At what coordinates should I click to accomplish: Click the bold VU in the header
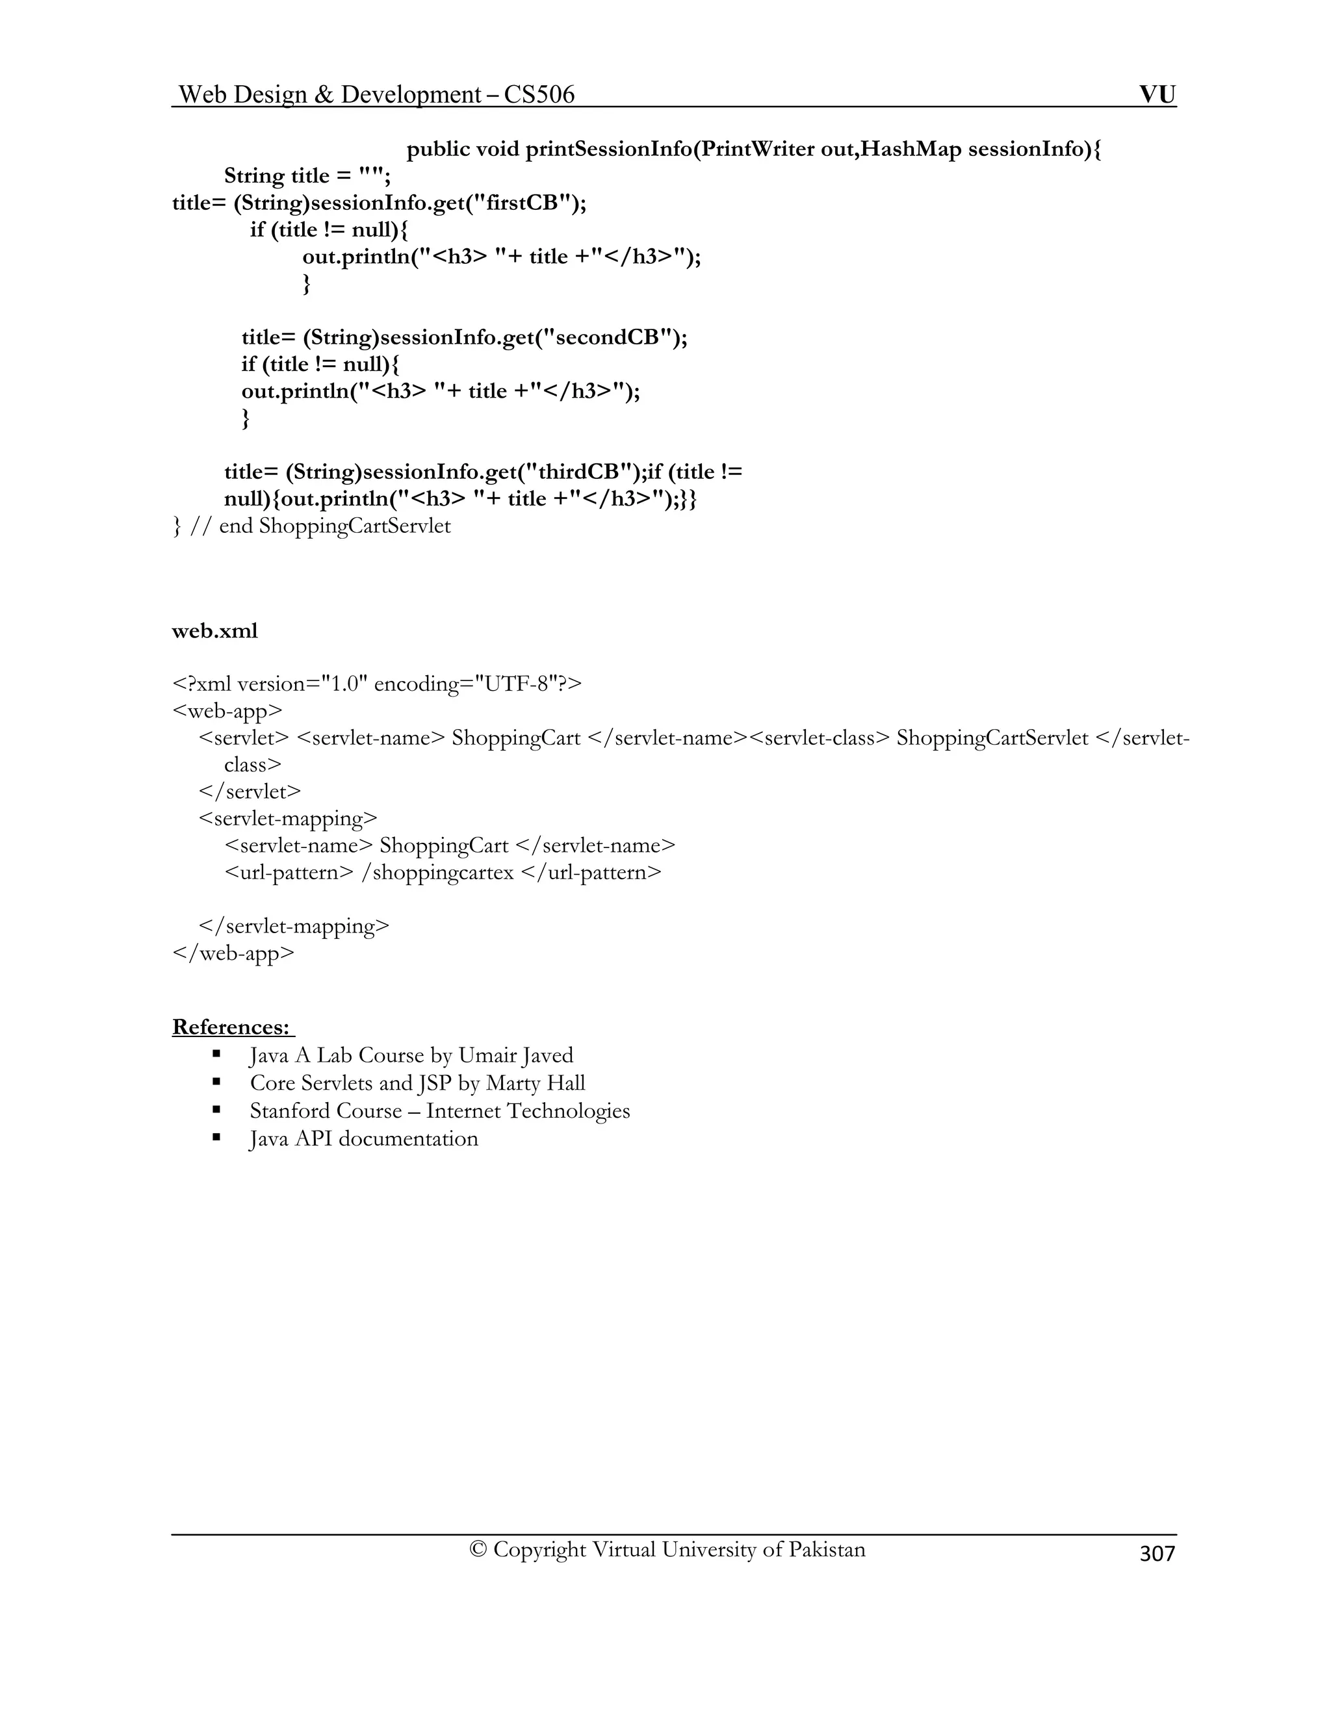1157,95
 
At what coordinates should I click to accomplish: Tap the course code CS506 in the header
539,95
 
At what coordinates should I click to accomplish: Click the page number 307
1157,1553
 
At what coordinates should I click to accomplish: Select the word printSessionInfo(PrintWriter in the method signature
669,149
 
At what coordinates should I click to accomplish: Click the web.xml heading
214,631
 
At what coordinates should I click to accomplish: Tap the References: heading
232,1027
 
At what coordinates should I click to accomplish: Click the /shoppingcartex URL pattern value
437,872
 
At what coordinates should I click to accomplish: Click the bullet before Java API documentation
216,1138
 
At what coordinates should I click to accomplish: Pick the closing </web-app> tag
233,953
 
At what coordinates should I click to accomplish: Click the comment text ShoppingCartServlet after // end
355,525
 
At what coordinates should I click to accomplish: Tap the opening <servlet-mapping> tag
289,818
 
